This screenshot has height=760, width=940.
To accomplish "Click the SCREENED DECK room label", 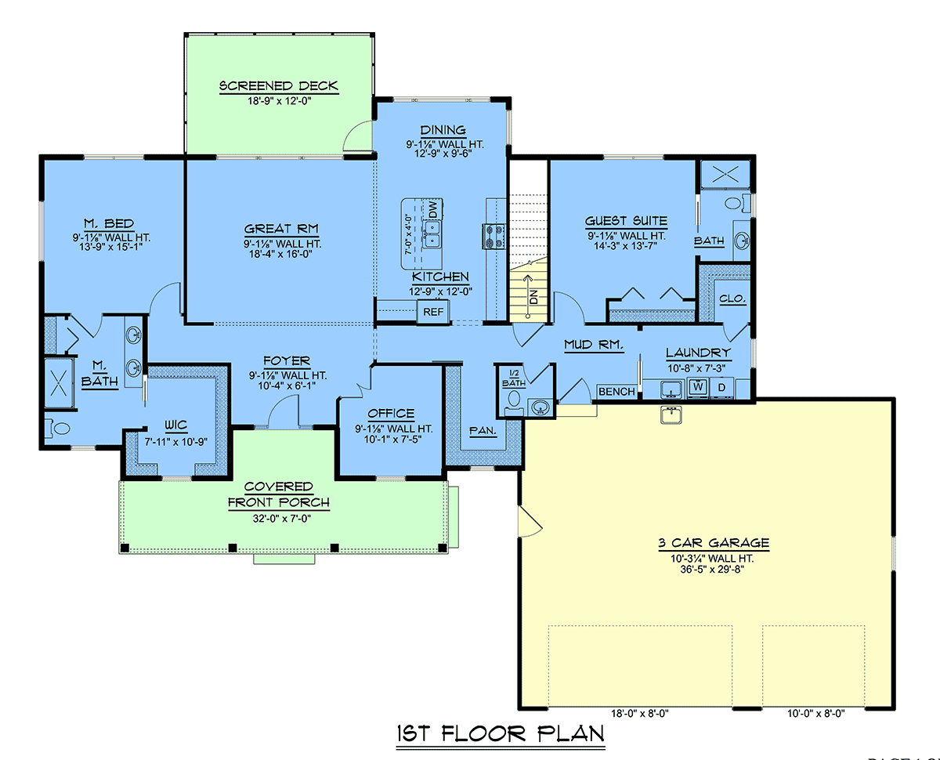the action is (278, 85).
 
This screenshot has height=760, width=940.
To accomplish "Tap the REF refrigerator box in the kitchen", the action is (433, 312).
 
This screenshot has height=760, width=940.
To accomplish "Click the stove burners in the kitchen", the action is (493, 237).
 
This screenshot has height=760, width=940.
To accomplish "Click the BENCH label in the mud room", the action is (616, 392).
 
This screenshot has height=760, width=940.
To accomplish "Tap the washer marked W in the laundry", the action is (698, 387).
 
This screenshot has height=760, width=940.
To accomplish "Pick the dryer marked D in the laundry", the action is (722, 388).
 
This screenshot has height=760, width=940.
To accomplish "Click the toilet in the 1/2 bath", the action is (514, 402).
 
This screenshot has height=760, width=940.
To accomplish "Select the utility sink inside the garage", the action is (671, 415).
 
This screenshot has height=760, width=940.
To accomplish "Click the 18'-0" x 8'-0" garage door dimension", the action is (639, 714).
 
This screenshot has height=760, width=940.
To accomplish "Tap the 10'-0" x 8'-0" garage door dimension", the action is (816, 714).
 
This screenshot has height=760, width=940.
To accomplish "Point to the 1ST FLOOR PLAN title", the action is (501, 733).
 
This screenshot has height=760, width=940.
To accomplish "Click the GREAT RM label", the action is (281, 229).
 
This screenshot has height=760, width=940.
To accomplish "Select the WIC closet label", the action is (175, 425).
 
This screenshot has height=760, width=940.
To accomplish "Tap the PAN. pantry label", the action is (483, 430).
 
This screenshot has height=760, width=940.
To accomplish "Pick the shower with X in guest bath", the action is (725, 175).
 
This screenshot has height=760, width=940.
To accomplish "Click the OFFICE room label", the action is (391, 414).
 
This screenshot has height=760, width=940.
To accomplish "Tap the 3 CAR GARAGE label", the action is (714, 543).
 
